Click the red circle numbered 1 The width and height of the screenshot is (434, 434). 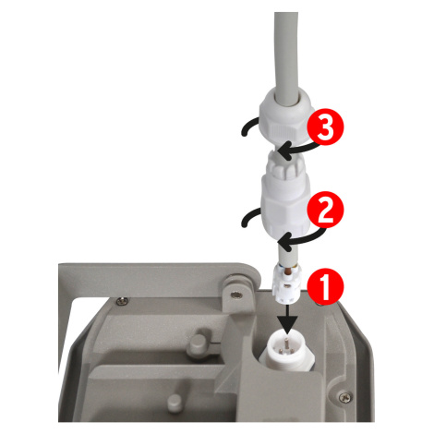pos(326,287)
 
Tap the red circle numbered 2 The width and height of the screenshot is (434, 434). pos(326,210)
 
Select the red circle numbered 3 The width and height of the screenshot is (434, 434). pos(326,127)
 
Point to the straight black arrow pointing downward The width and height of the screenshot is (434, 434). pos(286,319)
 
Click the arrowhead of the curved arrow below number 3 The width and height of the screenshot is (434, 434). pos(283,151)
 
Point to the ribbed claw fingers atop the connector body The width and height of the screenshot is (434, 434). pos(285,166)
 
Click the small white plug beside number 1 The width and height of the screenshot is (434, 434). pos(286,283)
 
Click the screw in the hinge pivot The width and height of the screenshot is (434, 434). pos(235,295)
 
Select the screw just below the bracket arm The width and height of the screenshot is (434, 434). pos(122,300)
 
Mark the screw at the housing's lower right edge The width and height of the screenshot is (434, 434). pos(345,397)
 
